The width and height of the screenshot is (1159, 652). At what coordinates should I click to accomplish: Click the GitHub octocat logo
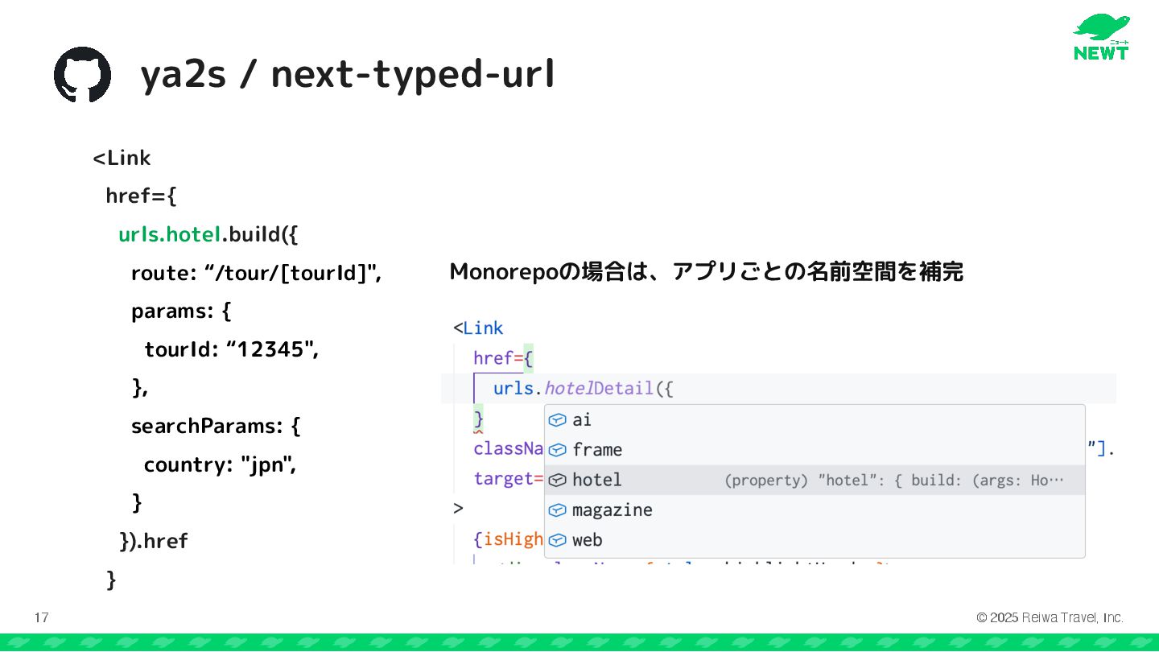click(x=82, y=74)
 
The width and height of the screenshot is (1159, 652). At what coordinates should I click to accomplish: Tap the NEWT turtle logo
click(x=1101, y=37)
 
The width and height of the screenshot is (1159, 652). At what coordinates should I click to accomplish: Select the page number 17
click(x=41, y=618)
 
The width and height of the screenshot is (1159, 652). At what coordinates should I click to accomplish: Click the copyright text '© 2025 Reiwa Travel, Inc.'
click(x=1050, y=618)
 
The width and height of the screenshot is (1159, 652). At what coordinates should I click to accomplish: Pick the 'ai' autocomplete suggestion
click(x=581, y=419)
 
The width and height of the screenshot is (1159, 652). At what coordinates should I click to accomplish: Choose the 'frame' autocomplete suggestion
click(x=596, y=449)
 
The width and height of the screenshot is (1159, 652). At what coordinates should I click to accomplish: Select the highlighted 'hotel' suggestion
click(x=596, y=480)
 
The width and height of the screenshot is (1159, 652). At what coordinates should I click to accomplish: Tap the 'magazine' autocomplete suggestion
click(x=612, y=510)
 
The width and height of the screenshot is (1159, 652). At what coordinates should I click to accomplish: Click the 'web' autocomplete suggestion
click(x=587, y=540)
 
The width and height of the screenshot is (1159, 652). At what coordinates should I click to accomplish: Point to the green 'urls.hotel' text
click(x=170, y=234)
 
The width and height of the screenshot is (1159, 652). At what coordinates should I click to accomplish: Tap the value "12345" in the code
click(x=272, y=349)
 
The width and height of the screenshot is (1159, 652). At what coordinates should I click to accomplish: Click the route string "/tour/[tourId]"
click(x=294, y=273)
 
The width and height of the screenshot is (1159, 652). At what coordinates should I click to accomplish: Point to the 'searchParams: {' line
click(x=216, y=426)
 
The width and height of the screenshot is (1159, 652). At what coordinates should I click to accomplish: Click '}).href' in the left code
click(x=153, y=541)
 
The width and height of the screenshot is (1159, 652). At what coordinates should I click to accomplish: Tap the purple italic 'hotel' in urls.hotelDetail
click(x=568, y=389)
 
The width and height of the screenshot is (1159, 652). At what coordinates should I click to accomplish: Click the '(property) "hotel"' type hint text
click(x=806, y=481)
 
